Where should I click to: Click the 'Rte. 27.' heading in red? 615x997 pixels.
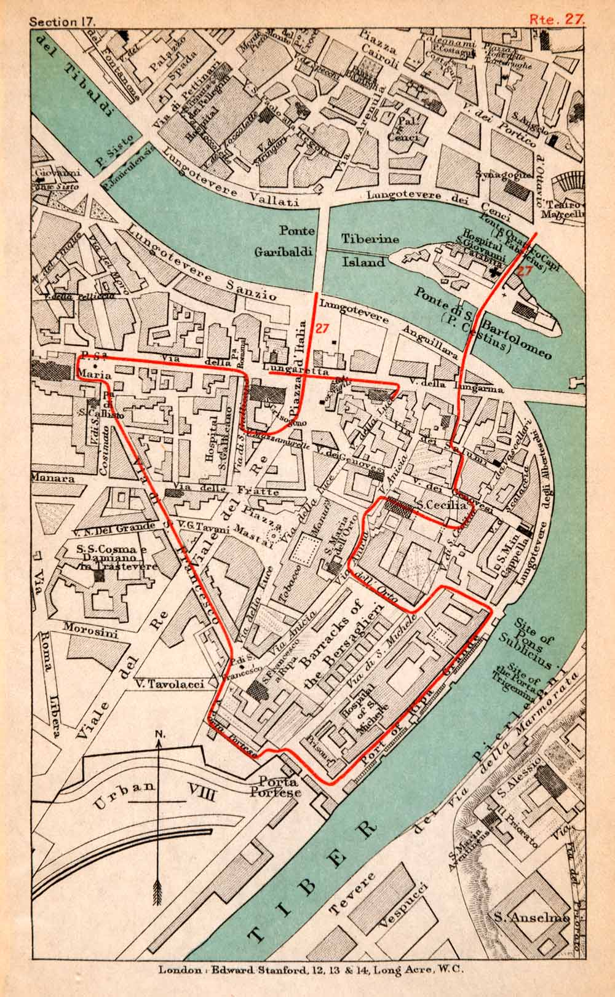coord(557,18)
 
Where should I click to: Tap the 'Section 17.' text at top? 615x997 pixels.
coord(62,19)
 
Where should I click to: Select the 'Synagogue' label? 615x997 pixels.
coord(502,173)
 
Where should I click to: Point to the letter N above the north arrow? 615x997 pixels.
coord(159,735)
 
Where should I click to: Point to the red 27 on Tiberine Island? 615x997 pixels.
coord(524,270)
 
